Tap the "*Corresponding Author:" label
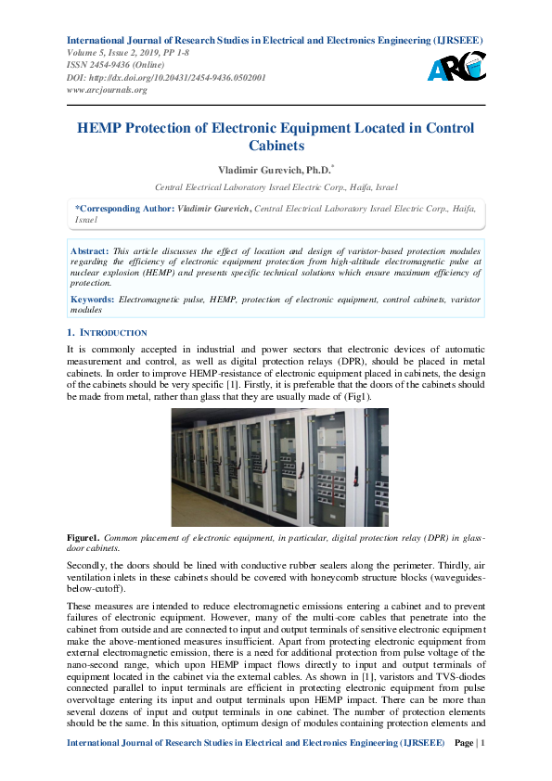pyautogui.click(x=123, y=210)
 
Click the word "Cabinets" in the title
pyautogui.click(x=276, y=146)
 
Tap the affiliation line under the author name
pyautogui.click(x=276, y=186)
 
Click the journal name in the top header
pyautogui.click(x=275, y=41)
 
